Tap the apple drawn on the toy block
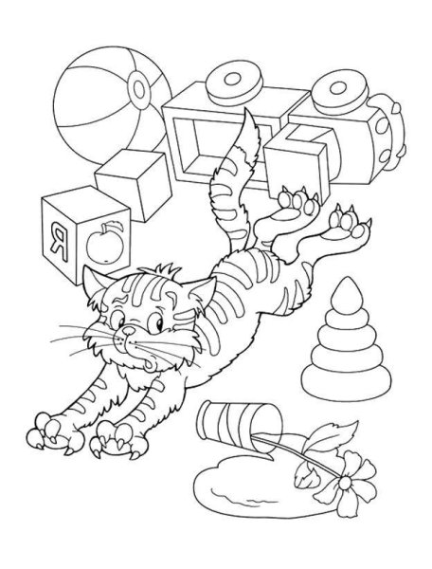tap(105, 244)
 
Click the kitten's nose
tap(128, 330)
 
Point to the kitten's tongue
tap(150, 364)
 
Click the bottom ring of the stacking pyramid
tap(347, 382)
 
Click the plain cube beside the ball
tap(135, 184)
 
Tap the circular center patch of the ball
tap(139, 88)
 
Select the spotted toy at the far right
tap(386, 133)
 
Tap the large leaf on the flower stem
tap(333, 436)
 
